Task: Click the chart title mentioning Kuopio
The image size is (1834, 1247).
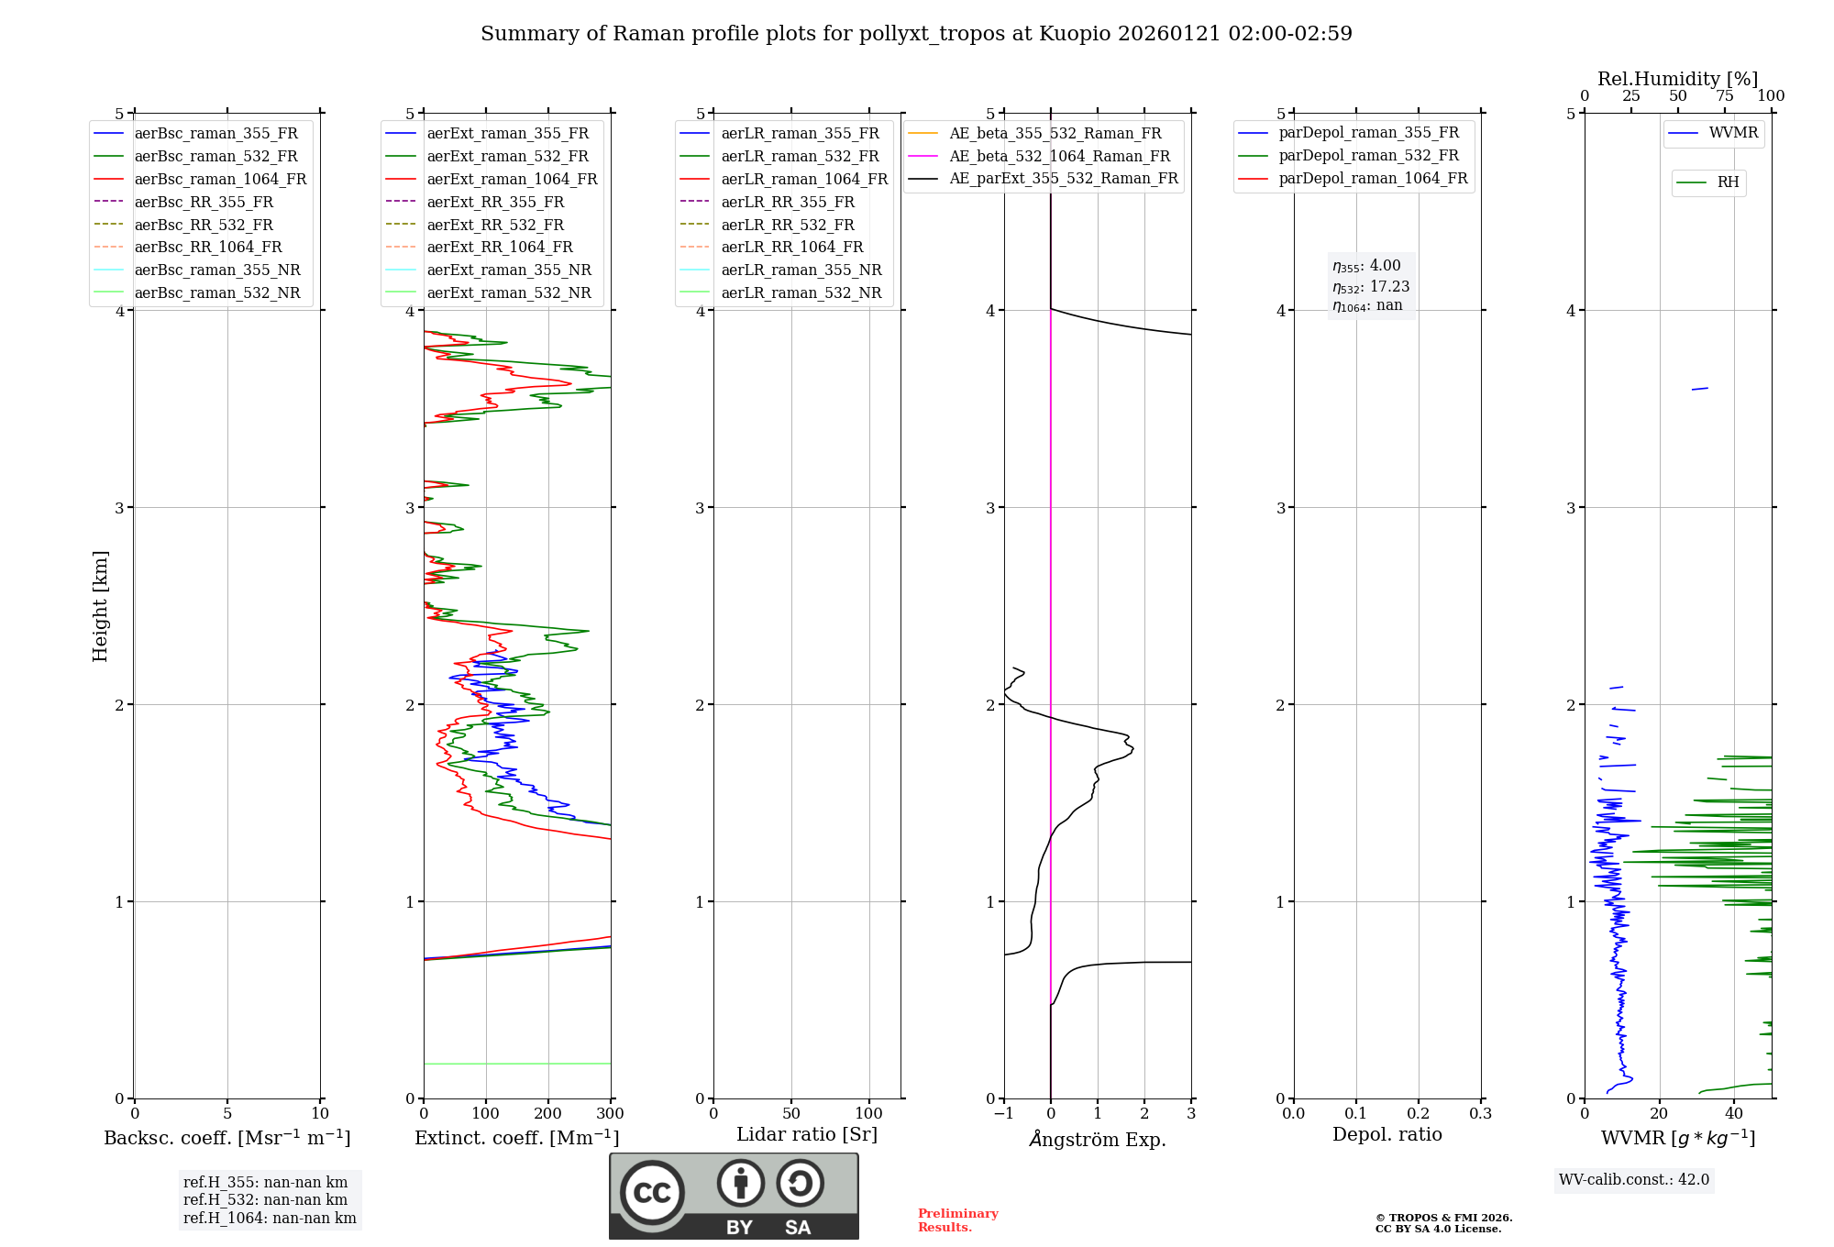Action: (916, 34)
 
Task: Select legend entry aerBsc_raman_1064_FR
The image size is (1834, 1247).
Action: (220, 179)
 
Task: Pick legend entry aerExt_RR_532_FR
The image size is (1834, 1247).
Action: (495, 225)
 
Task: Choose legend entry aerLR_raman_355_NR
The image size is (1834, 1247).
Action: (801, 270)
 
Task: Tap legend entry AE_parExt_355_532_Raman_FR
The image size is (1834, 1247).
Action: (1063, 178)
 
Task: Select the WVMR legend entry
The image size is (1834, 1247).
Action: (1733, 133)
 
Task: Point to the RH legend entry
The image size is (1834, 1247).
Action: (1728, 182)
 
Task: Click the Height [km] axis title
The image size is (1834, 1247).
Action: (100, 606)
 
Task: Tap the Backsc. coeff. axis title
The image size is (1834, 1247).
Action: (226, 1138)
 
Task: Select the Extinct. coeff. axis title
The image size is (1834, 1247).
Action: (516, 1138)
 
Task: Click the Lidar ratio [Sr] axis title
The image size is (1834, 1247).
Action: (806, 1134)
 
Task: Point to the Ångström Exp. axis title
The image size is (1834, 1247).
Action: (1097, 1140)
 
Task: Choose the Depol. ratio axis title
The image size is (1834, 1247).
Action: (1387, 1134)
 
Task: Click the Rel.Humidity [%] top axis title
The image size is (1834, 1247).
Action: (1677, 79)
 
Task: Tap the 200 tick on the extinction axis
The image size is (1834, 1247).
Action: (547, 1114)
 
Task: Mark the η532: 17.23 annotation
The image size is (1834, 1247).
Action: (1371, 287)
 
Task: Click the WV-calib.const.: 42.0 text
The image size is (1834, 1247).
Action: (1634, 1179)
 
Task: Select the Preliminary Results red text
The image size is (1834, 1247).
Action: (957, 1220)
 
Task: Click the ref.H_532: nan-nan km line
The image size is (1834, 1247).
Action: (265, 1199)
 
